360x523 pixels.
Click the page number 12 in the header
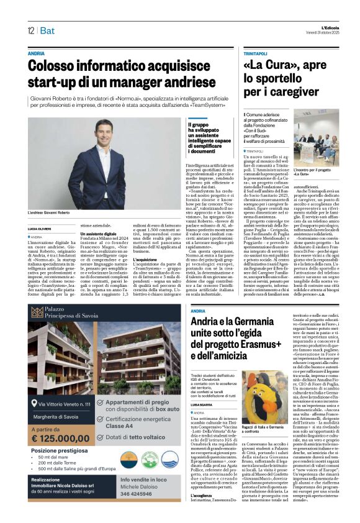pos(30,30)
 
